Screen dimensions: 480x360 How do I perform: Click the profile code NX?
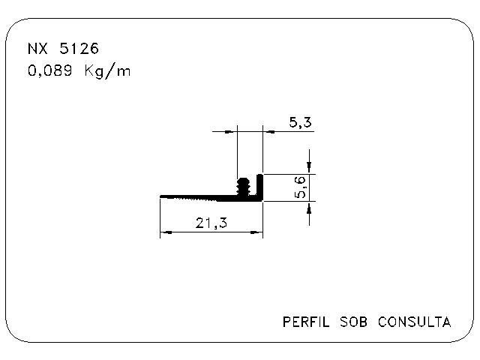pos(37,49)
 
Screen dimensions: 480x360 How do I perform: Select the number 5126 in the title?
pos(79,49)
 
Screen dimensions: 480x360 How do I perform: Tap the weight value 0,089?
pos(50,71)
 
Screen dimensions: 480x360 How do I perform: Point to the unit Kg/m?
pos(107,71)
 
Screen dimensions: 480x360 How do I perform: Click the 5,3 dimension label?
pos(300,122)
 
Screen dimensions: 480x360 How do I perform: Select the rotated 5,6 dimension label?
pos(300,187)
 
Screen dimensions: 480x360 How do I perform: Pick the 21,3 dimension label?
pos(211,223)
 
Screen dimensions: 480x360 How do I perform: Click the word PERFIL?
pos(306,322)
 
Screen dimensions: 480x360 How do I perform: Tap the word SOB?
pos(353,322)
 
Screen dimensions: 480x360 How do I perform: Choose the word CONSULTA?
pos(414,322)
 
